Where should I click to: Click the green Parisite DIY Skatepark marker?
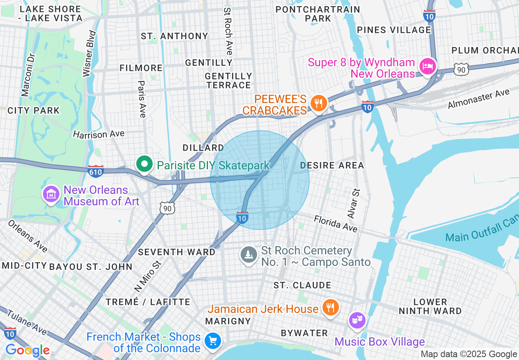pyautogui.click(x=144, y=164)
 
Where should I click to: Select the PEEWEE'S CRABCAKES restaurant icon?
pyautogui.click(x=318, y=103)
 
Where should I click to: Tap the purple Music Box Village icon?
pyautogui.click(x=357, y=320)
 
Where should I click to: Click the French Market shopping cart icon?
pyautogui.click(x=213, y=340)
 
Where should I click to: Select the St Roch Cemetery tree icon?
pyautogui.click(x=248, y=255)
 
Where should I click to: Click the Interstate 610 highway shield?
pyautogui.click(x=95, y=171)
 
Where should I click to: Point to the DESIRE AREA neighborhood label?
pyautogui.click(x=332, y=165)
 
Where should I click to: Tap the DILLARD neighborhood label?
pyautogui.click(x=203, y=148)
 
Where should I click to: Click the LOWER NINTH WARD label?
pyautogui.click(x=430, y=306)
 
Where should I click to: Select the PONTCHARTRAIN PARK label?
pyautogui.click(x=318, y=14)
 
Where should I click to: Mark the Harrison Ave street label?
pyautogui.click(x=99, y=134)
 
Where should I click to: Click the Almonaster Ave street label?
pyautogui.click(x=478, y=99)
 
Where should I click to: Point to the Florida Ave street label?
pyautogui.click(x=336, y=224)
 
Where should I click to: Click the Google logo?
pyautogui.click(x=27, y=351)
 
